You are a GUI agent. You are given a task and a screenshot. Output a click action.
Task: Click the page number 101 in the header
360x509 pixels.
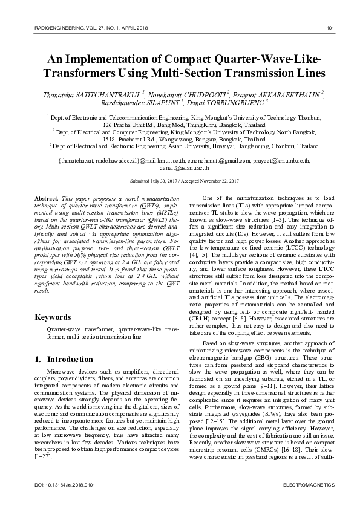pyautogui.click(x=331, y=28)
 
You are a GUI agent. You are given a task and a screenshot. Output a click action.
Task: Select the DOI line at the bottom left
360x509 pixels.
pyautogui.click(x=58, y=485)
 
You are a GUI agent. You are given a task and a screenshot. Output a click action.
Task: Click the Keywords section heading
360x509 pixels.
pyautogui.click(x=53, y=317)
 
